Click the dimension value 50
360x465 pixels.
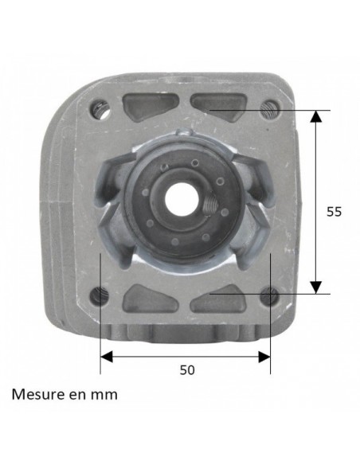[187, 369]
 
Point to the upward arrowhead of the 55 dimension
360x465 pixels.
[316, 116]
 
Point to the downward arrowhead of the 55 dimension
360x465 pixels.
[316, 287]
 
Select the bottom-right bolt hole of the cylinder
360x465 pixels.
[273, 295]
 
